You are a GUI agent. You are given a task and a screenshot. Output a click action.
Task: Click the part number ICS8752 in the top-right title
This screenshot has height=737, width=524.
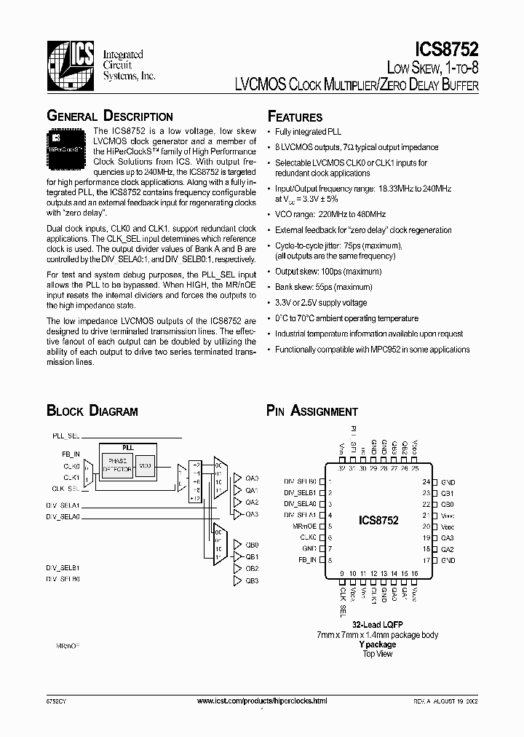tap(446, 49)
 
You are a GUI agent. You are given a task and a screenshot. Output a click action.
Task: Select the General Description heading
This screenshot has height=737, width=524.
tap(110, 117)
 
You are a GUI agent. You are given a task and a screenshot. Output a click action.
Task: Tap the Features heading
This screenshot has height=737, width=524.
tap(295, 117)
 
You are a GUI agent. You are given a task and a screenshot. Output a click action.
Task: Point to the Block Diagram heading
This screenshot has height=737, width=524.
tap(92, 411)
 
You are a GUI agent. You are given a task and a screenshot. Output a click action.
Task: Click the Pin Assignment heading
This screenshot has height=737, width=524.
tap(311, 411)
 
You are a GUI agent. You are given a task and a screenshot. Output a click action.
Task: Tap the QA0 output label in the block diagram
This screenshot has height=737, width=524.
tap(252, 478)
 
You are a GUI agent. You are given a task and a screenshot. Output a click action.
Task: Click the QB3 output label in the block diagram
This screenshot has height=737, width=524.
tap(252, 580)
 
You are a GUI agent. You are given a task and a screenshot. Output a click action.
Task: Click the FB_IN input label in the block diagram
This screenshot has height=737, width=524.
tap(71, 454)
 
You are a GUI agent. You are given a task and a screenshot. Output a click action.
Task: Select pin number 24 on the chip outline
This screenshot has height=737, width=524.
tap(426, 482)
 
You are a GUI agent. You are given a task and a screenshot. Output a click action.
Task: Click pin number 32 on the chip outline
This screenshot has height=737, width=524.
tap(343, 468)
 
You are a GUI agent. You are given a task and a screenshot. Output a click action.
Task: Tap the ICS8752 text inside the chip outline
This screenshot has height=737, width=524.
tap(378, 521)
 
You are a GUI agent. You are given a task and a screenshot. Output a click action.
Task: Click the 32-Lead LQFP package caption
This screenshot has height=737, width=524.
tap(378, 625)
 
